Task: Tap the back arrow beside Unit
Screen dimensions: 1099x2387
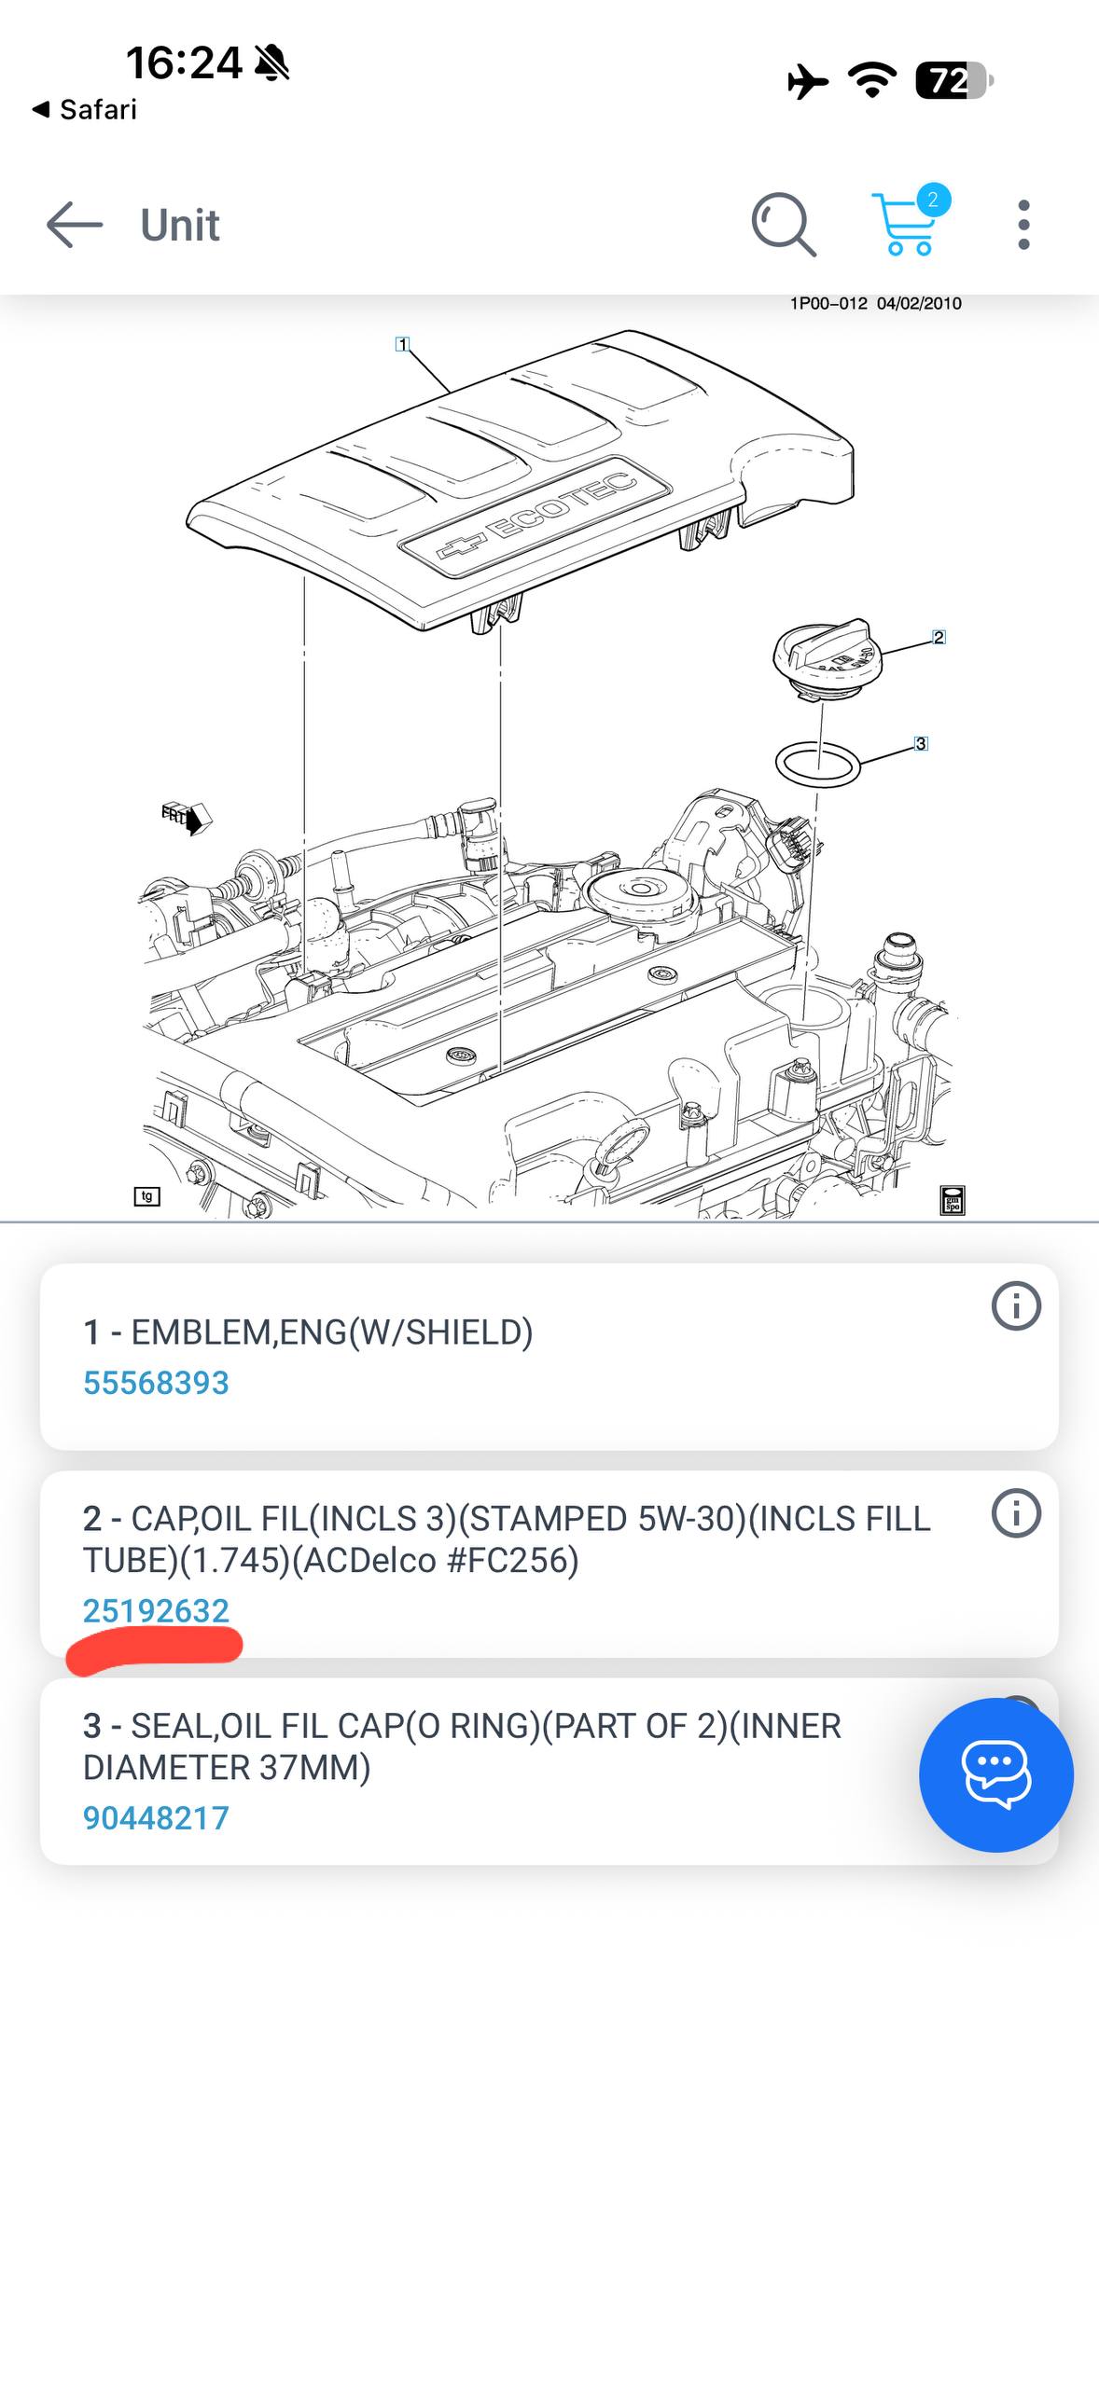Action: [74, 225]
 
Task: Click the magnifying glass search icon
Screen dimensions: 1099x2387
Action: [784, 225]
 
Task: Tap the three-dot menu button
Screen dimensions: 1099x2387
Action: [1023, 225]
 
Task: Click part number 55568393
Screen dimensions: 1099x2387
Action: [156, 1383]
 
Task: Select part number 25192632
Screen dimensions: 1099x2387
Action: [156, 1610]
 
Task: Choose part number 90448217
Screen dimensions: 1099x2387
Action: [156, 1817]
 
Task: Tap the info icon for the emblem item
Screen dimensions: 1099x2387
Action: [1016, 1305]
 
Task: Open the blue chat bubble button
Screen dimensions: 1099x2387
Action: [995, 1774]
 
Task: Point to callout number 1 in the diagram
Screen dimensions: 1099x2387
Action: [402, 344]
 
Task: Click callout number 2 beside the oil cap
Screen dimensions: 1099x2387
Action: [939, 637]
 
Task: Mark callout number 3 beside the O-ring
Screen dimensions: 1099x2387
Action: [921, 743]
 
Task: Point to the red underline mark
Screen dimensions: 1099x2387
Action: [155, 1649]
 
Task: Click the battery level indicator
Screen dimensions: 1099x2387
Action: [953, 81]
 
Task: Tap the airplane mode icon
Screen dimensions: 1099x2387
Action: [808, 81]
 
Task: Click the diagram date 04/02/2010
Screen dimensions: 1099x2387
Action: [919, 303]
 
